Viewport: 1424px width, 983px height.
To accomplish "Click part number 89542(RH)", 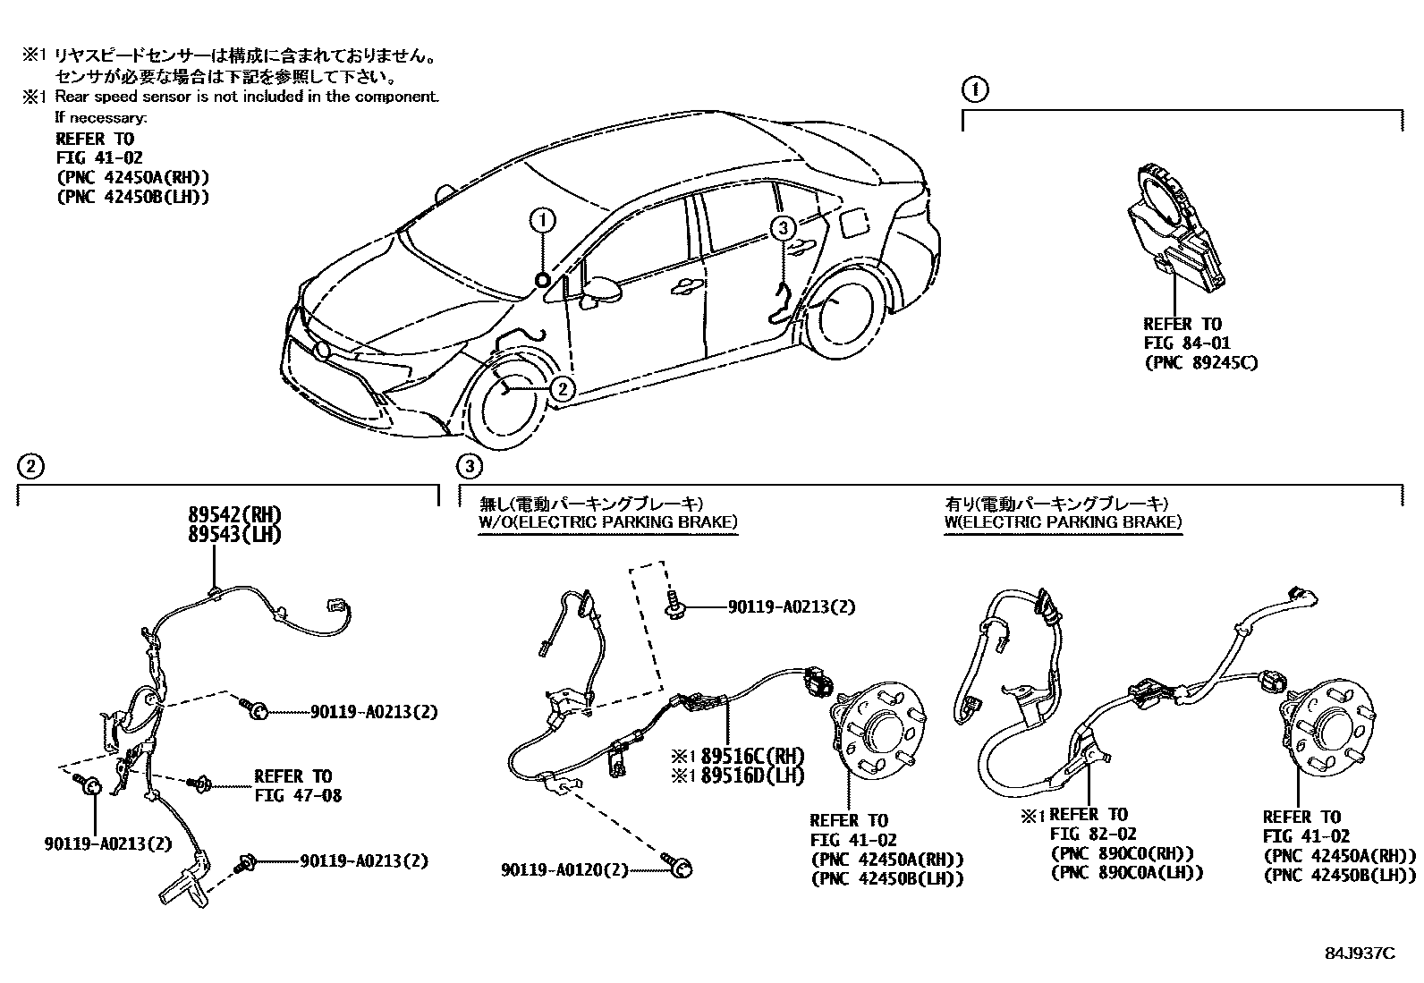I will click(x=234, y=514).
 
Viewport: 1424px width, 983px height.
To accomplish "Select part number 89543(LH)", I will click(x=234, y=534).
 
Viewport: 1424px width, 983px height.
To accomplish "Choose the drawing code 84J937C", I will click(x=1360, y=953).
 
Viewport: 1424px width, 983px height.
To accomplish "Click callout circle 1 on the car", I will click(x=544, y=218).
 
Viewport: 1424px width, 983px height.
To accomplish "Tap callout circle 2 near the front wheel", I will click(x=562, y=388).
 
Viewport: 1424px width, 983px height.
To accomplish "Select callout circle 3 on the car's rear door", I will click(x=782, y=228).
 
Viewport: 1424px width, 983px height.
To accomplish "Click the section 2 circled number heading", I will click(x=30, y=465).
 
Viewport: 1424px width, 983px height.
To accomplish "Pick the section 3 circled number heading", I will click(x=469, y=465).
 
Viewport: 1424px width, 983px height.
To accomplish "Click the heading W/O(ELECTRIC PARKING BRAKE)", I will click(x=608, y=521).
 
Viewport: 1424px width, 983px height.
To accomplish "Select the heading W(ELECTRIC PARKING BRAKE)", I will click(x=1064, y=521).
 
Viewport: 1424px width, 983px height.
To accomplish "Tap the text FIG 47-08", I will click(x=298, y=795).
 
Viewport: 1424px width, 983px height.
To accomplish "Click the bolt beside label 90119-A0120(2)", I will click(x=680, y=866).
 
